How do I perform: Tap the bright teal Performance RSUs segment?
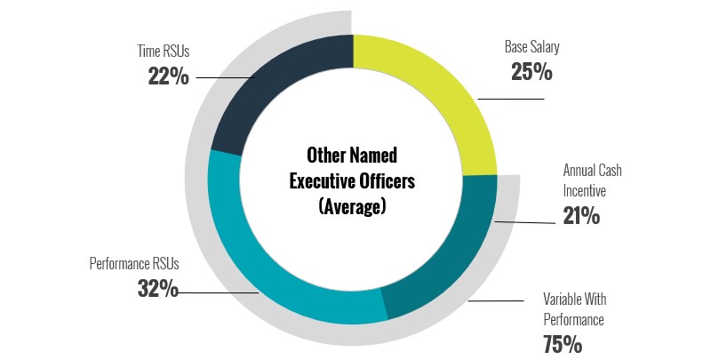click(267, 267)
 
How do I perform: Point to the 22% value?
click(168, 76)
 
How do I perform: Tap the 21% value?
click(581, 215)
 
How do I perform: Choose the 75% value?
click(563, 344)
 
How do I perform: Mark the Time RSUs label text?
click(164, 52)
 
